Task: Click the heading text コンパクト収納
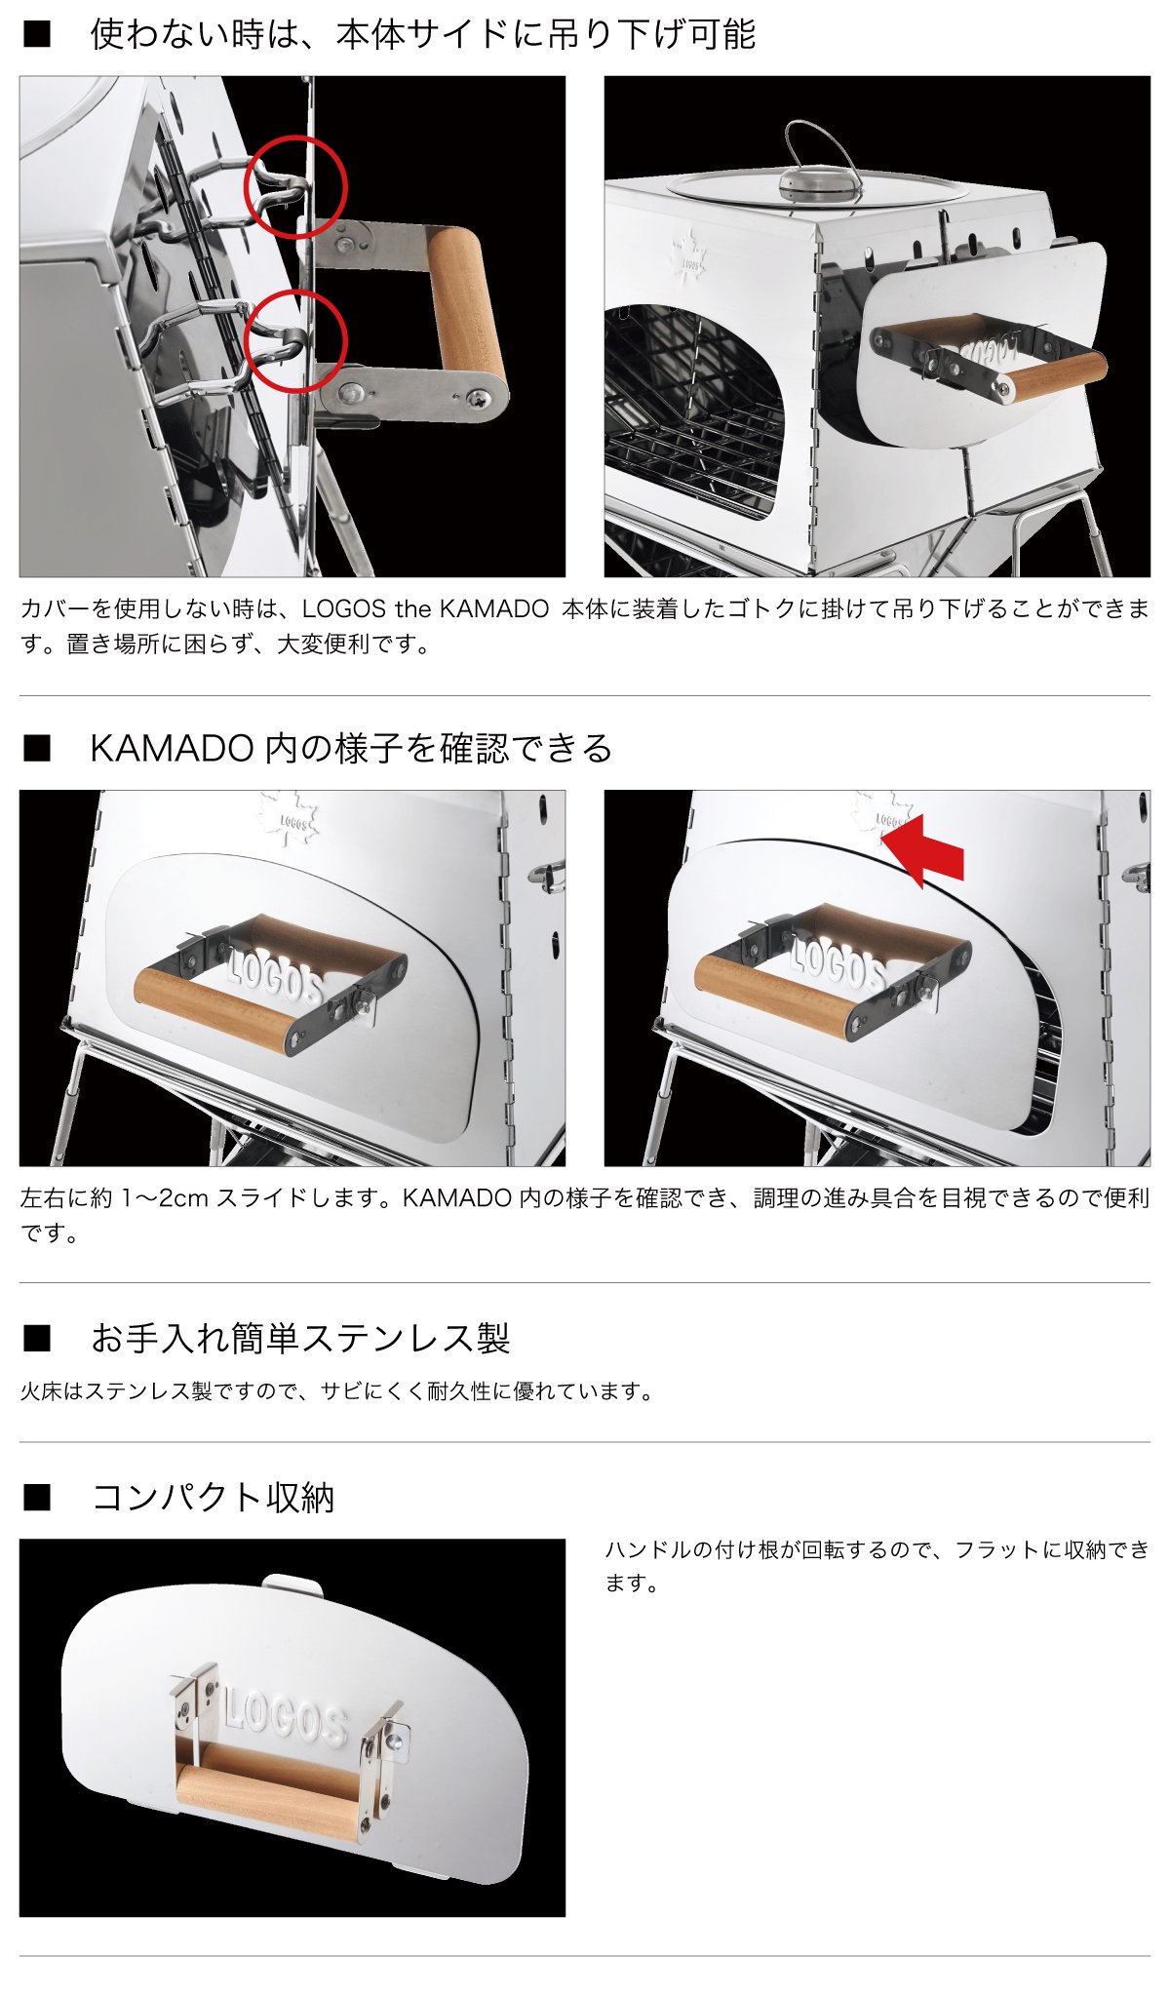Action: click(x=213, y=1497)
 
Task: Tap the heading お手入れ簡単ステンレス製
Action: click(x=300, y=1338)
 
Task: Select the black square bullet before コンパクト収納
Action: click(x=37, y=1498)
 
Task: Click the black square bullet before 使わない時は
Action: click(x=37, y=35)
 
